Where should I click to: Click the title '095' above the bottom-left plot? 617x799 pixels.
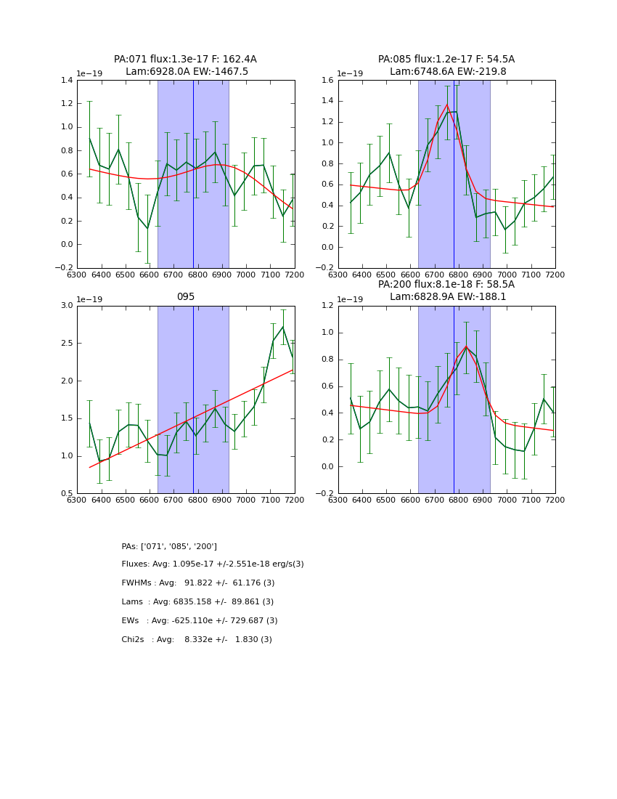tap(186, 296)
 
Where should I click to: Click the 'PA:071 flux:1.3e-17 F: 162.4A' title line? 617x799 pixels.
tap(185, 60)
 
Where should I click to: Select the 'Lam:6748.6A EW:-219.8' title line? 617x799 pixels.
tap(448, 71)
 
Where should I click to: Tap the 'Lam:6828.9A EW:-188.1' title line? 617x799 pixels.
tap(448, 296)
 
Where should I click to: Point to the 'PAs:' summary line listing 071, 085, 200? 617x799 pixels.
tap(169, 546)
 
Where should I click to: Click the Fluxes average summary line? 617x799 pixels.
tap(213, 564)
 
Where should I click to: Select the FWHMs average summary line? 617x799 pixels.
tap(198, 583)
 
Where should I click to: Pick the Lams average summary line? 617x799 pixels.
tap(197, 602)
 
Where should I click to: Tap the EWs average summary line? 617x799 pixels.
tap(200, 621)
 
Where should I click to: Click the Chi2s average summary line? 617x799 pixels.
tap(197, 640)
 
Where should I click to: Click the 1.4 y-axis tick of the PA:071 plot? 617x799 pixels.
tap(66, 81)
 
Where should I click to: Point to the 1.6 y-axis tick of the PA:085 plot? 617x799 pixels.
tap(327, 81)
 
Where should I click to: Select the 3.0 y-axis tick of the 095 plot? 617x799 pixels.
tap(66, 306)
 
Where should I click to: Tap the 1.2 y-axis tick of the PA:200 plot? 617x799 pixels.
tap(327, 306)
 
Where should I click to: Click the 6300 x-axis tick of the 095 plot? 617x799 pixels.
tap(77, 500)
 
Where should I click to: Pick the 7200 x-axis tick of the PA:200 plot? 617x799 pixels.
tap(555, 500)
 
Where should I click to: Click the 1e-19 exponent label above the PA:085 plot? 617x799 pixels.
tap(350, 73)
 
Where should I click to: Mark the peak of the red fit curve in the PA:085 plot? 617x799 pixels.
tap(447, 105)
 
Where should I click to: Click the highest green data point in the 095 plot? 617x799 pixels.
tap(283, 327)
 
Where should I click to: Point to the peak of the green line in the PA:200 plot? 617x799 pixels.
tap(466, 346)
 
